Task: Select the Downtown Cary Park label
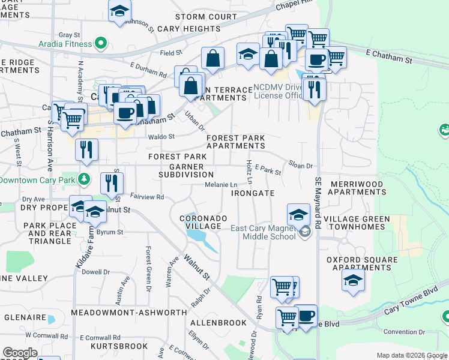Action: coord(37,179)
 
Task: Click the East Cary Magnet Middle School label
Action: coord(264,232)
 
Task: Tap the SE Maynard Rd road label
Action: coord(318,205)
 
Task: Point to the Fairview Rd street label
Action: coord(147,197)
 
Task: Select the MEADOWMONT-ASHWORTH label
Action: coord(129,313)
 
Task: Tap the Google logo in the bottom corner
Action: coord(19,353)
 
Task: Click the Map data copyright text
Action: coord(412,355)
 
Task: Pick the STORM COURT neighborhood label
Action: coord(206,17)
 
